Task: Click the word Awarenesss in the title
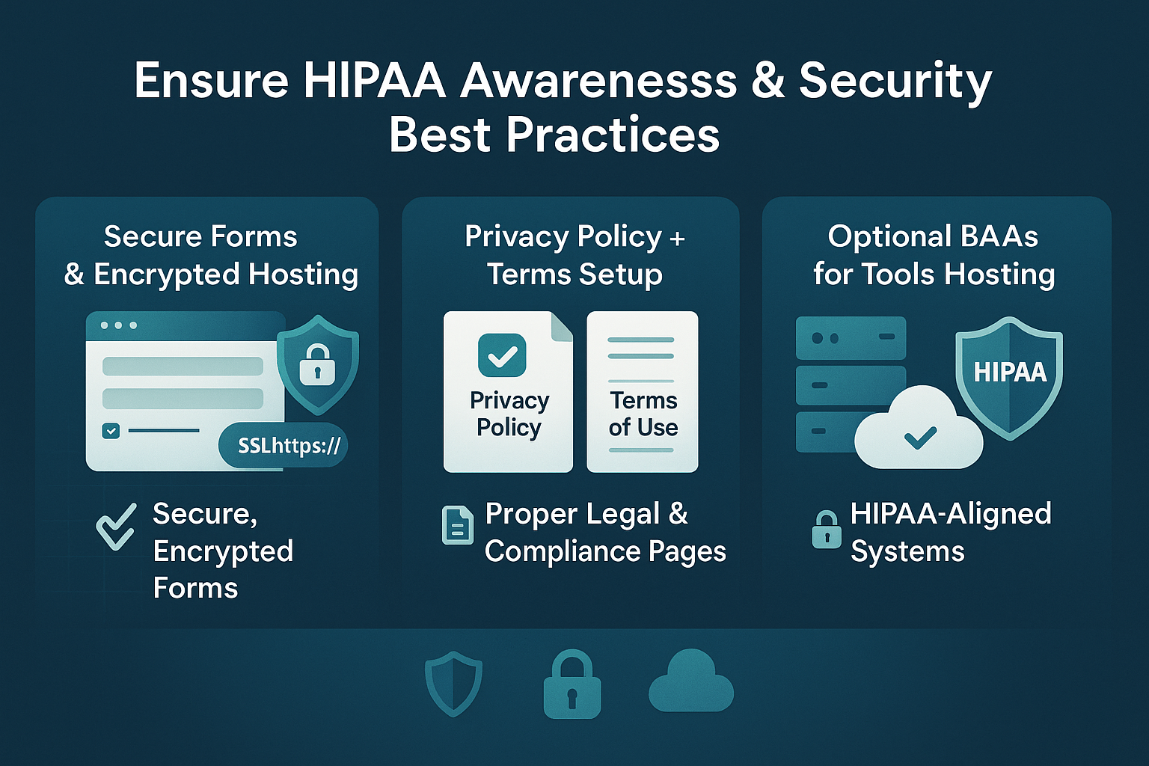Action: [598, 81]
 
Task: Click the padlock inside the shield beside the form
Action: [317, 364]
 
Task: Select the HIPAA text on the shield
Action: [1010, 372]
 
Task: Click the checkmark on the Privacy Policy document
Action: [502, 355]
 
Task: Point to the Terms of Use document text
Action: [643, 414]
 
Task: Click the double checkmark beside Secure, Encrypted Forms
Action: [117, 527]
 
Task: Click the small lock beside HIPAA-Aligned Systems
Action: [826, 530]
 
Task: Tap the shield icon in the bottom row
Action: [453, 683]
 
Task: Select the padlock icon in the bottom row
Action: [572, 685]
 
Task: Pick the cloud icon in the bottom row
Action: [691, 681]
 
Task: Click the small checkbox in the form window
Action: [111, 431]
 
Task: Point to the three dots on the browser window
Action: [118, 325]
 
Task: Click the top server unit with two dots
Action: [851, 338]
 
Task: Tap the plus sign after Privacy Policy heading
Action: [677, 239]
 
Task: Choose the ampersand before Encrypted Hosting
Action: [74, 275]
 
